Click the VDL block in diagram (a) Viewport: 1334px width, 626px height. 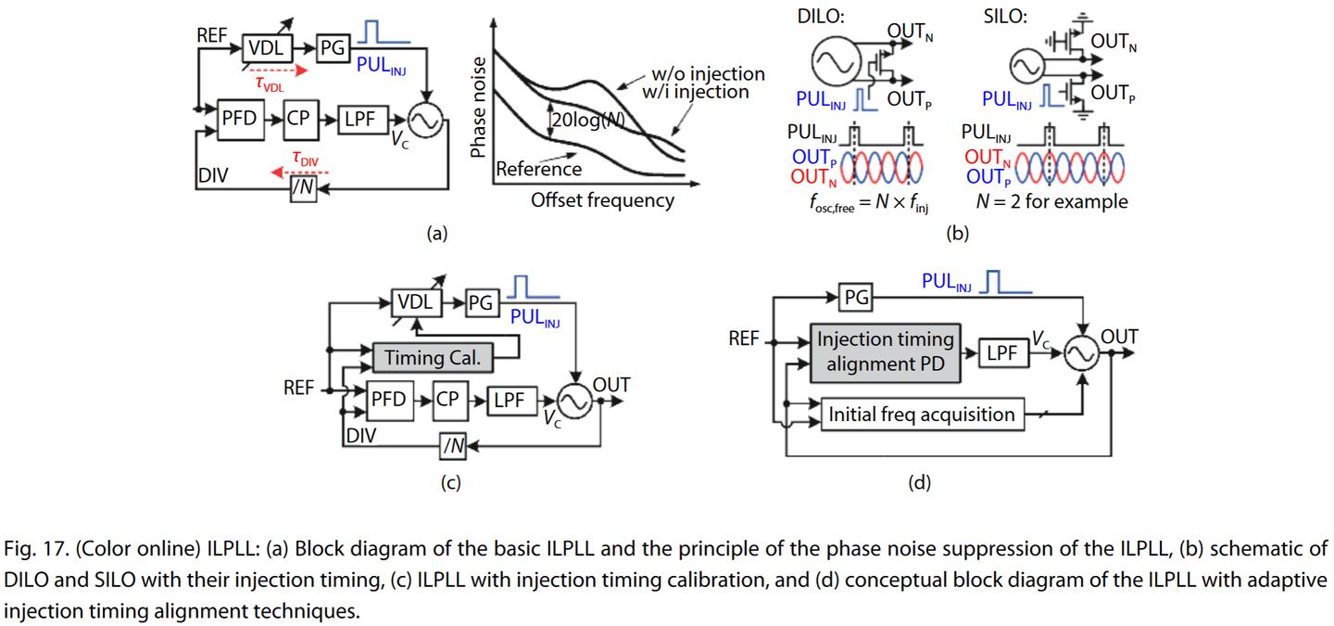(269, 47)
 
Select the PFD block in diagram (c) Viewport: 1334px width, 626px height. (388, 400)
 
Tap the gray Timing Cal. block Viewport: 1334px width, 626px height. (433, 358)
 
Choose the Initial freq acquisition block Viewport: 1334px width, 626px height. (923, 415)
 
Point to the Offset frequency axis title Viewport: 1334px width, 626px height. (602, 199)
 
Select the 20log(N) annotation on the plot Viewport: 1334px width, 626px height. (593, 120)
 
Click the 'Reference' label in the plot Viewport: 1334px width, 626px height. (538, 169)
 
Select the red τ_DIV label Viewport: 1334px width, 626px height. (305, 160)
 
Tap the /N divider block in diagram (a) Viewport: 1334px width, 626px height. (304, 188)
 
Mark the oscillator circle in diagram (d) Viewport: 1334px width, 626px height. (1081, 355)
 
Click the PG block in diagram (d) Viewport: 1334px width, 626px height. (855, 298)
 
